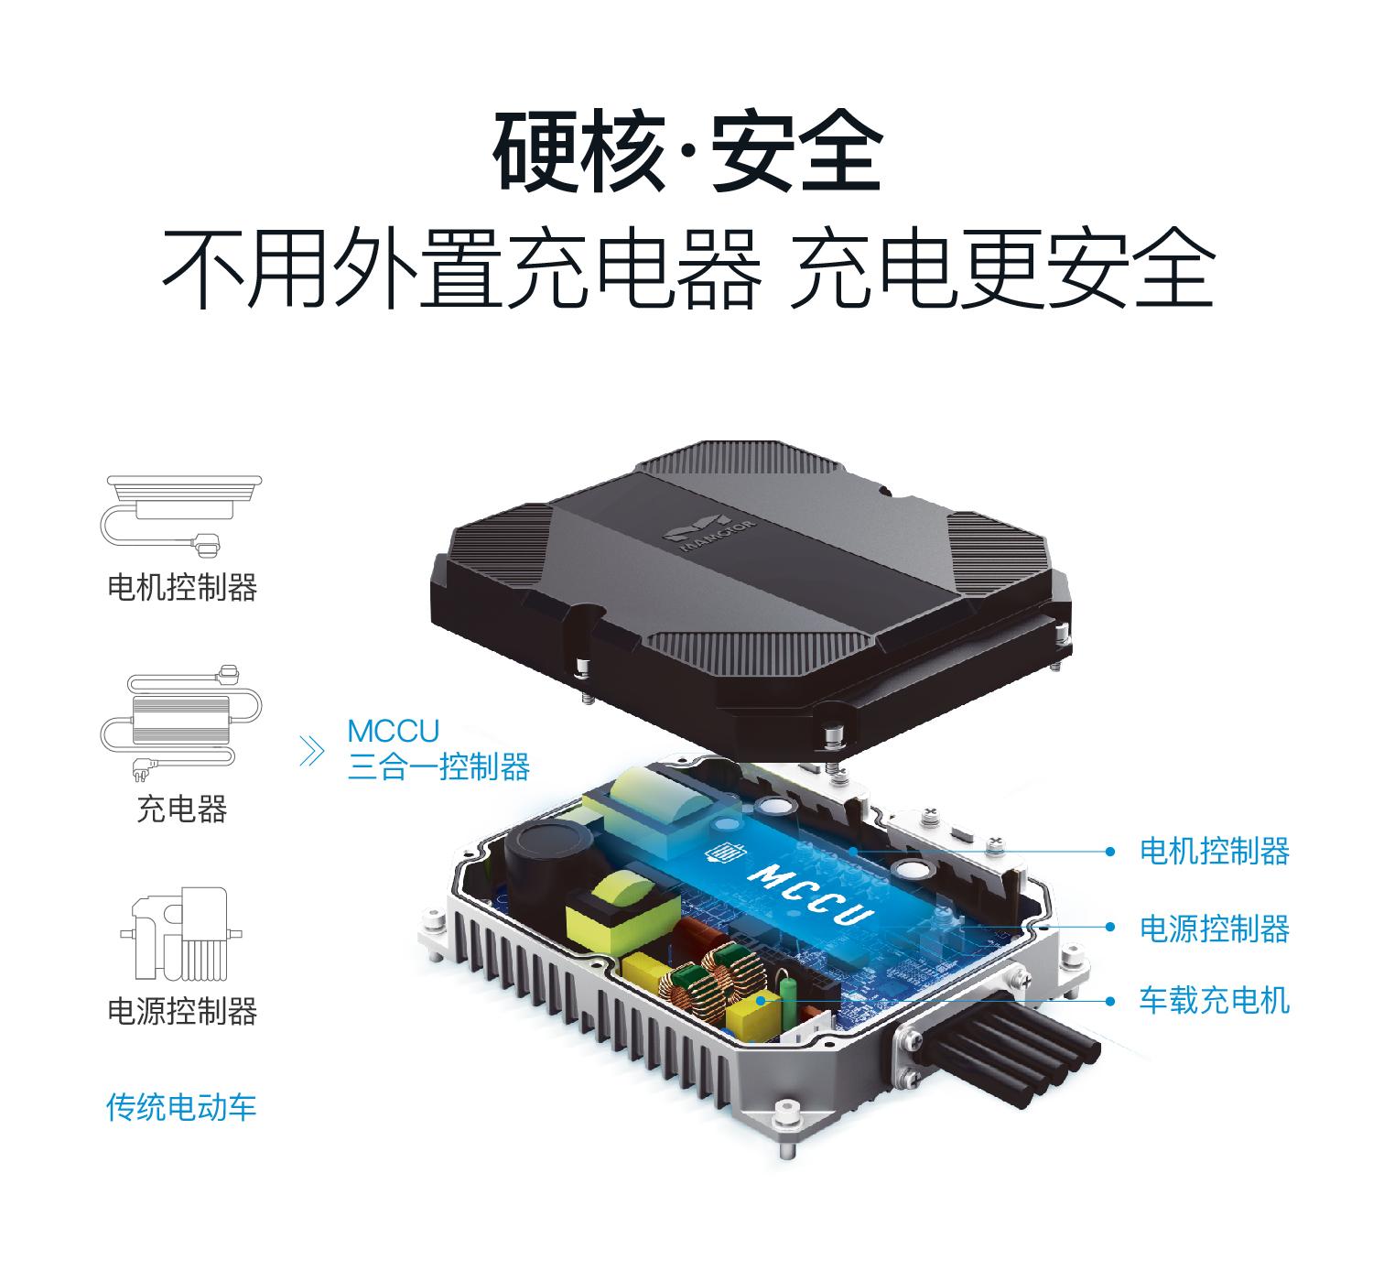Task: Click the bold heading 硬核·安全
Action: click(x=688, y=151)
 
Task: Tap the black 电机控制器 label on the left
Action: click(x=182, y=587)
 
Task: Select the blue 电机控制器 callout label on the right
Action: click(x=1215, y=851)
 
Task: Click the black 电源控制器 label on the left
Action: click(x=182, y=1011)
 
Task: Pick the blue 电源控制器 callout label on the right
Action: click(x=1215, y=929)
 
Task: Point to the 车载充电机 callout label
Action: click(x=1215, y=1000)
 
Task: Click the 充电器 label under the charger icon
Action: click(x=182, y=808)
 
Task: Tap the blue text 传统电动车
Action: click(x=181, y=1107)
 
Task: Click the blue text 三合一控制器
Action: click(x=439, y=766)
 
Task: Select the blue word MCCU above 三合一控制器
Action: click(x=394, y=732)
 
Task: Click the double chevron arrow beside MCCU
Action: click(x=312, y=751)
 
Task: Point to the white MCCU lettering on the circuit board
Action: click(x=810, y=894)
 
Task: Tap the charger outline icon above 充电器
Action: click(x=181, y=723)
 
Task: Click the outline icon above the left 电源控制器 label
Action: click(x=181, y=933)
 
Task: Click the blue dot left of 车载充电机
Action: click(x=1111, y=1000)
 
